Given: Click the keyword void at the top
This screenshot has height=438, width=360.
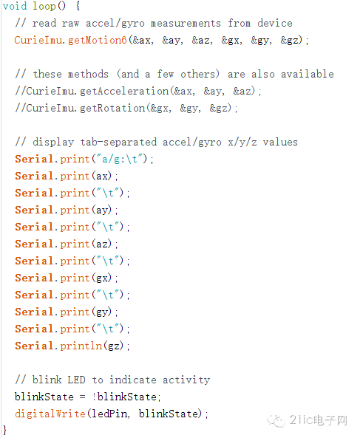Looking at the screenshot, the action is tap(15, 6).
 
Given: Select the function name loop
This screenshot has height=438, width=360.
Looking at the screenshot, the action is tap(44, 6).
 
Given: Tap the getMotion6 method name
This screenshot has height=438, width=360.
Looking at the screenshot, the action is tap(98, 40).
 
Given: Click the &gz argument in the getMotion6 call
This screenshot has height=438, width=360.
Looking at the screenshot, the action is tap(290, 41).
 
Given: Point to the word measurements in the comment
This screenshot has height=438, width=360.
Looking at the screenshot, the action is tap(186, 24).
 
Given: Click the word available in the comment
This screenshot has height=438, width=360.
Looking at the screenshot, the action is tap(308, 74).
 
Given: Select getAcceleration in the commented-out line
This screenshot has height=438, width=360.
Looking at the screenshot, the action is tap(124, 92).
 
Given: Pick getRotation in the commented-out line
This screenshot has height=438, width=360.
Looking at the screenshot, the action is tap(112, 108).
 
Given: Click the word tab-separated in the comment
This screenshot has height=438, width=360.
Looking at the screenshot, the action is tap(118, 142).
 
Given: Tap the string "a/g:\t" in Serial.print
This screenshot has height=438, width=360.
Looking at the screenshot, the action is tap(120, 160).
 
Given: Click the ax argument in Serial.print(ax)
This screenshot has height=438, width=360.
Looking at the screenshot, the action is tap(102, 177).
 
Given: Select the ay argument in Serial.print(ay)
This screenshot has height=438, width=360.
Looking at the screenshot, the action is tap(102, 211).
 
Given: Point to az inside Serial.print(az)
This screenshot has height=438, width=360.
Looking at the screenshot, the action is tap(102, 244).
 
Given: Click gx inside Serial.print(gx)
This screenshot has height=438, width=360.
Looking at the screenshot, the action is tap(102, 278).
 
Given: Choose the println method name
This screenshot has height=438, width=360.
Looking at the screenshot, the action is tap(81, 346).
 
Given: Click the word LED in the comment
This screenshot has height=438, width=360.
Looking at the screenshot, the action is tap(76, 380).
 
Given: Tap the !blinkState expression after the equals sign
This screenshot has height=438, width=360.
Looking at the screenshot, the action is tap(125, 397).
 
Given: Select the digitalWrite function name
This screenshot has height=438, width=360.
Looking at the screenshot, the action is tap(50, 414).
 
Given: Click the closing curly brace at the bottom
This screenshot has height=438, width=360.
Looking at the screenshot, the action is tap(4, 430).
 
